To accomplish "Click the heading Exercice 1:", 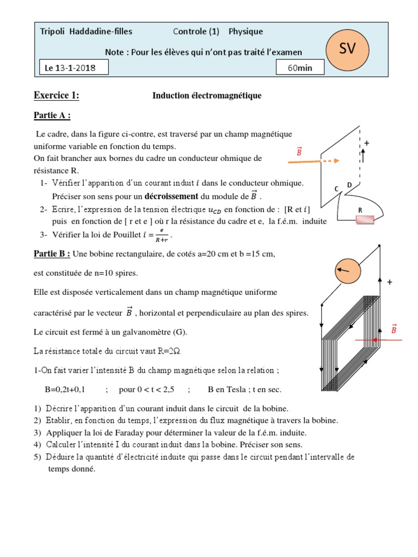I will pyautogui.click(x=57, y=96).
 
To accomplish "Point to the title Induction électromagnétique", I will pyautogui.click(x=207, y=96).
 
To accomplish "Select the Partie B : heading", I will pyautogui.click(x=52, y=253).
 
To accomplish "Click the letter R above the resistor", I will pyautogui.click(x=360, y=209).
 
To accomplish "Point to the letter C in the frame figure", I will pyautogui.click(x=337, y=189).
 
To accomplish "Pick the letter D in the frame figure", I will pyautogui.click(x=349, y=185).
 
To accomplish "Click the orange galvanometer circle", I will pyautogui.click(x=348, y=269).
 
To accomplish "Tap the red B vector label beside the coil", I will pyautogui.click(x=394, y=329).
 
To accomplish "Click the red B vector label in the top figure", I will pyautogui.click(x=299, y=152).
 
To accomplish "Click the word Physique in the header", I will pyautogui.click(x=245, y=32).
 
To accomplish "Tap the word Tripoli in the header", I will pyautogui.click(x=53, y=32).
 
